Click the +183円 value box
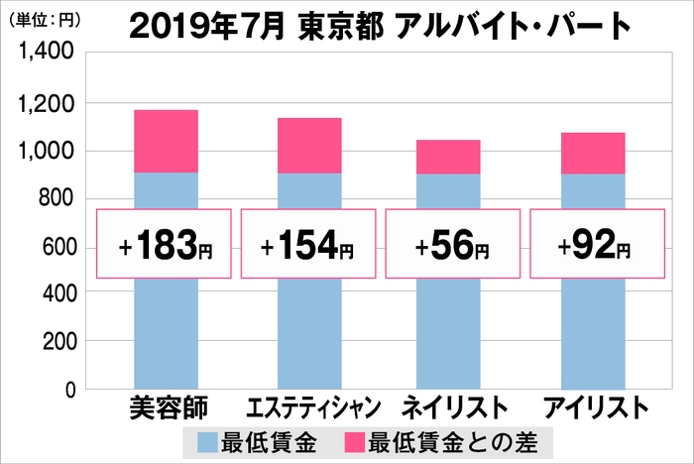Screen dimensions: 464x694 [165, 243]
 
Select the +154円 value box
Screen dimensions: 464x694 [309, 243]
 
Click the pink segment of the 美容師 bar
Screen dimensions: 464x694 [166, 141]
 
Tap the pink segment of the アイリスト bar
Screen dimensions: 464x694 [593, 153]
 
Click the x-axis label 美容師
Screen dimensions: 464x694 [166, 408]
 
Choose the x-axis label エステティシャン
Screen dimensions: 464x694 [309, 408]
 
